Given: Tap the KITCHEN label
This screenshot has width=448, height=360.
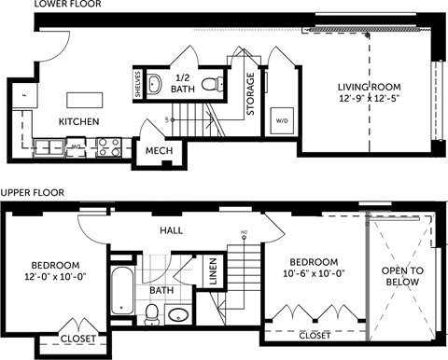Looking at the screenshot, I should coord(80,122).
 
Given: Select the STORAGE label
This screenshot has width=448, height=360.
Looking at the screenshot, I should coord(250,95).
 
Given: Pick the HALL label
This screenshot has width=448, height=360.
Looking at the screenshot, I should coord(172,229).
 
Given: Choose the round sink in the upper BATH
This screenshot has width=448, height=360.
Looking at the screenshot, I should coord(180,314).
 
